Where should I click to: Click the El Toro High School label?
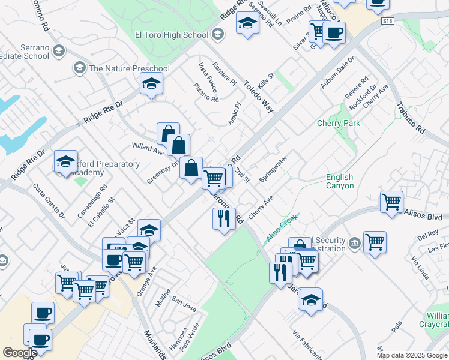172,35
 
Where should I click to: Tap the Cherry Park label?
339,123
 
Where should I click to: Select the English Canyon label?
340,181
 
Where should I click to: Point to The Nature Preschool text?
129,68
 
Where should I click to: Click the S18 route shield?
388,21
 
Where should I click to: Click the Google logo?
20,352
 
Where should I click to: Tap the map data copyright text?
412,355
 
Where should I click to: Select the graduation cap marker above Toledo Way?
247,23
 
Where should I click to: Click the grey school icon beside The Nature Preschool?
79,68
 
